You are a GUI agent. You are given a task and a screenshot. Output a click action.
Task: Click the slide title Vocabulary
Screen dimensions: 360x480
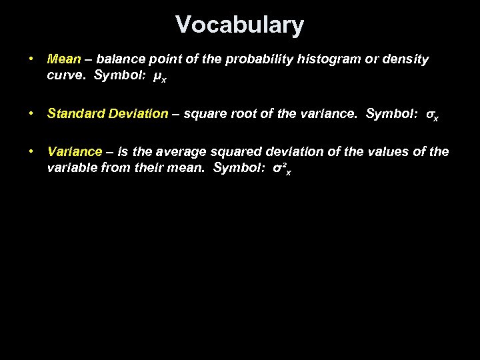240,25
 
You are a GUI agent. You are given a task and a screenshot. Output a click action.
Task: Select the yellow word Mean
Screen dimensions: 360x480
64,59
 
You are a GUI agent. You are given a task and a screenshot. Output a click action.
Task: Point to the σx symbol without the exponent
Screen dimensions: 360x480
432,115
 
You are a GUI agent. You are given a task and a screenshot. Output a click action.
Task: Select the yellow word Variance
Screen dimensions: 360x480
75,152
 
